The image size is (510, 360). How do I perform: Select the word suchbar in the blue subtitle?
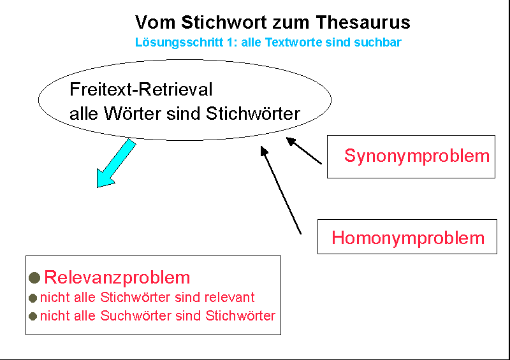(381, 43)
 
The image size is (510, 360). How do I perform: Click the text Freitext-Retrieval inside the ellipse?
(141, 90)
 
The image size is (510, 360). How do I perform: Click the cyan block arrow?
(115, 164)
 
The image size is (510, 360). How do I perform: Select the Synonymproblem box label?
(417, 155)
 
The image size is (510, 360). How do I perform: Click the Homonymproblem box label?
(408, 238)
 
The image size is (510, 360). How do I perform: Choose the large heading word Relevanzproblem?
(117, 277)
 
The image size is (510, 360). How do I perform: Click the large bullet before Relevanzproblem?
(35, 278)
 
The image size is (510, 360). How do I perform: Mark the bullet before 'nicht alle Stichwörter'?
(33, 298)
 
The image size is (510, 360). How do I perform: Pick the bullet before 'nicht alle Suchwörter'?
(33, 316)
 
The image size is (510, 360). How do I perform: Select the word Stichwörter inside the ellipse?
(253, 114)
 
